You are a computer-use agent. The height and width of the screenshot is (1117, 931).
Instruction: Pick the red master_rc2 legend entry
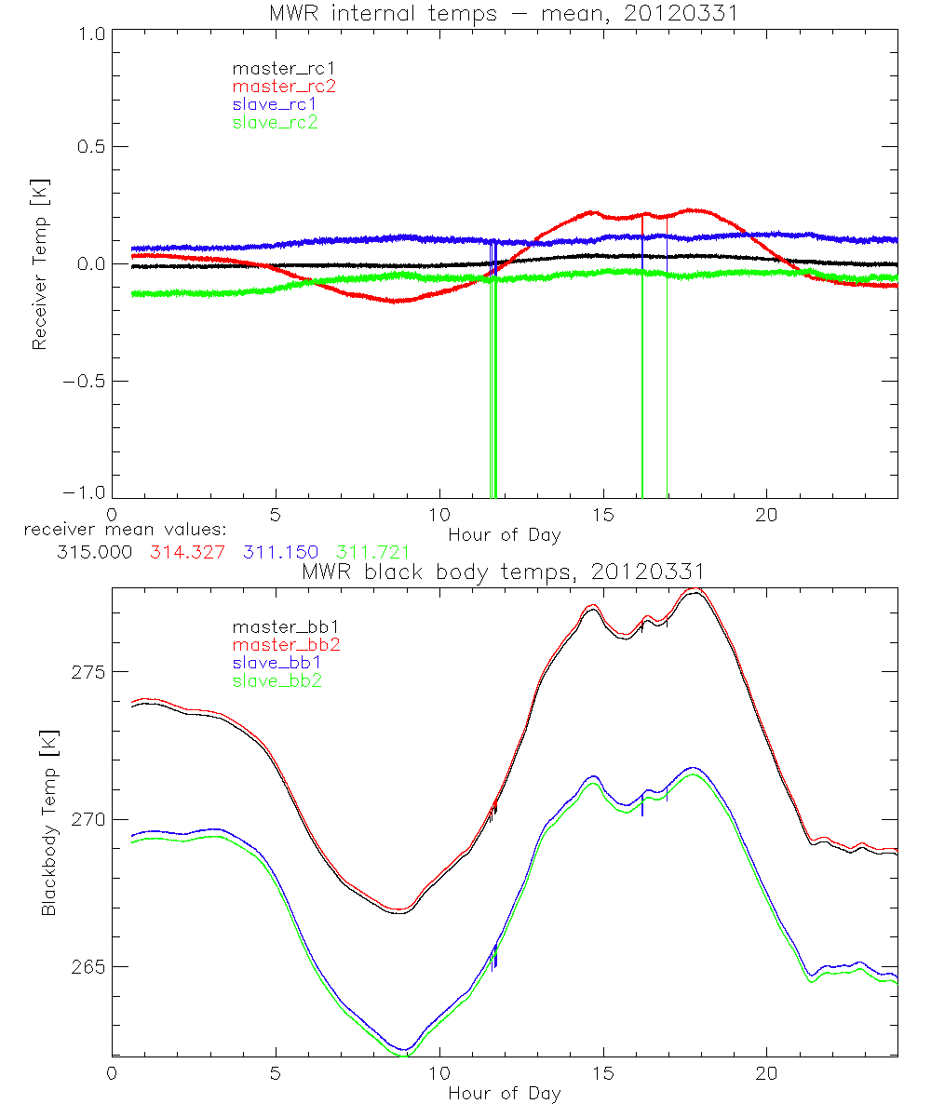click(283, 86)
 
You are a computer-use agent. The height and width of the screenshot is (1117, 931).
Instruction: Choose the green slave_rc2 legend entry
click(275, 122)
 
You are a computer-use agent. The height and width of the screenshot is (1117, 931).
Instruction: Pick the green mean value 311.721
click(372, 552)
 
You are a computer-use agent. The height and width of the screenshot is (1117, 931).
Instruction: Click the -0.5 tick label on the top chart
click(84, 381)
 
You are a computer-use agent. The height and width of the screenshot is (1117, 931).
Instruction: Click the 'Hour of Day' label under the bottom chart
click(504, 1093)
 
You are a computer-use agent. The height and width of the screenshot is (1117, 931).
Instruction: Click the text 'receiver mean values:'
click(119, 530)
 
